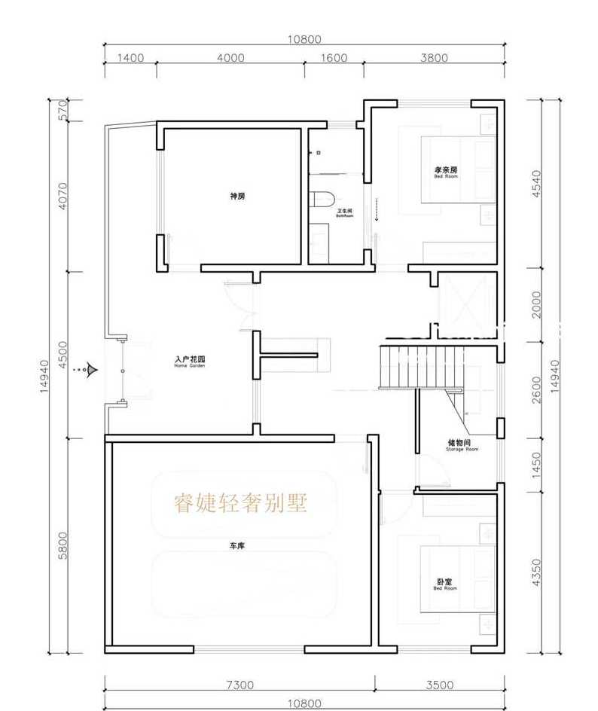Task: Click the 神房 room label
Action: (238, 196)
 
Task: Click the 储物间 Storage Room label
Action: (462, 445)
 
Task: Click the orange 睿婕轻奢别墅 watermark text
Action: (241, 503)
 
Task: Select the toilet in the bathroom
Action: (321, 200)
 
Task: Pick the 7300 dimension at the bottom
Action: (240, 685)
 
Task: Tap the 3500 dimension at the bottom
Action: (439, 685)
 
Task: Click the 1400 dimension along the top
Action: (130, 58)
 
